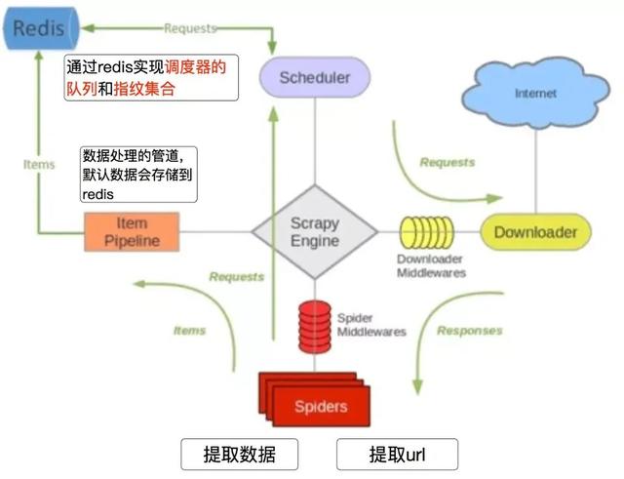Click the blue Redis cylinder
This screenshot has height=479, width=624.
41,28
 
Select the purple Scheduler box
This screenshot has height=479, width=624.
315,77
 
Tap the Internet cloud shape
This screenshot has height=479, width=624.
535,94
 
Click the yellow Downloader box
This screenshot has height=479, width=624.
535,232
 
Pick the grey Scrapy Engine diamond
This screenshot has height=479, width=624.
315,232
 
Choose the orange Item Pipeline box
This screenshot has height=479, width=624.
132,232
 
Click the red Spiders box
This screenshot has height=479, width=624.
315,399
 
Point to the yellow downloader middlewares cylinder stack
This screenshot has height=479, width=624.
427,232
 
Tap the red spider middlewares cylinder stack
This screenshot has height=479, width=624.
315,327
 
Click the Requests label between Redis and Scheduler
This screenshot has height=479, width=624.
190,28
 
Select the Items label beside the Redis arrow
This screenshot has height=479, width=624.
39,165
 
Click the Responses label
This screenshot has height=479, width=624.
470,331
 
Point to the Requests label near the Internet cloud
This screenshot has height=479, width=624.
448,162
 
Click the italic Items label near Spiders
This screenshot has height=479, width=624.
189,330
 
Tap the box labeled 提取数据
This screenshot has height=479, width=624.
239,455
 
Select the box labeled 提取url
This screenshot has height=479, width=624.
397,455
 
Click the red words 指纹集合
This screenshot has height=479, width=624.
144,89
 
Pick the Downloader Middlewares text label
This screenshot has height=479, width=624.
431,266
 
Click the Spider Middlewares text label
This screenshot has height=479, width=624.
371,325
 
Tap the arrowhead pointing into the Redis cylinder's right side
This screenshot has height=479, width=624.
87,28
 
